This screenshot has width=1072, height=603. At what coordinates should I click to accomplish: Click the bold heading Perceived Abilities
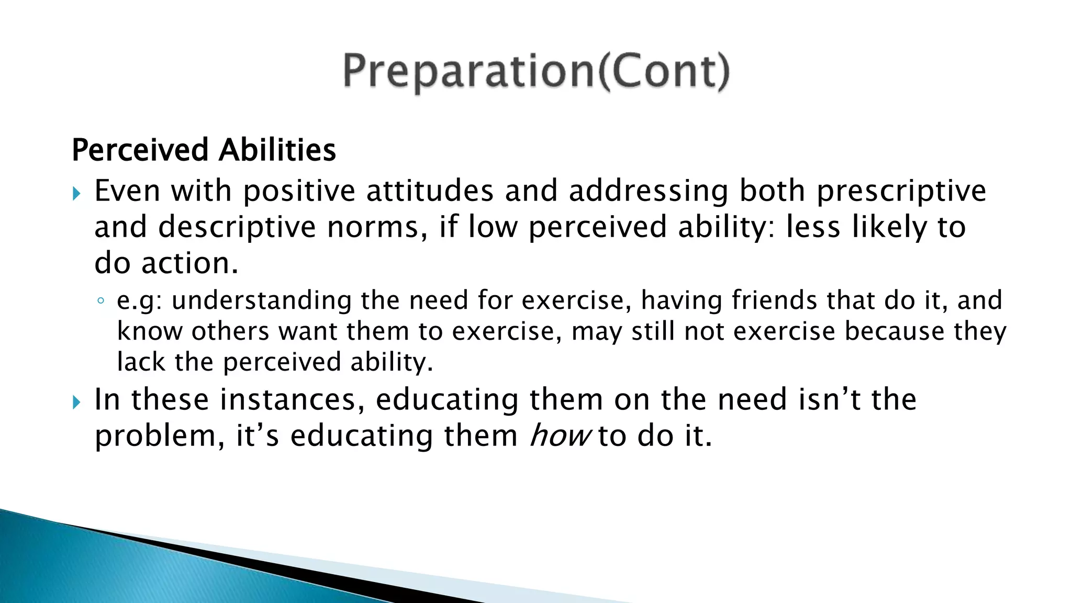coord(204,150)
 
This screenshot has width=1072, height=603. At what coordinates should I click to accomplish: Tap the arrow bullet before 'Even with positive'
coord(77,194)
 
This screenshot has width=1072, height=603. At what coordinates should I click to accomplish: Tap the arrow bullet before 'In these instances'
coord(77,403)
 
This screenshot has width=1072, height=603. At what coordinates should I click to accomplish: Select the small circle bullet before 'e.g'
coord(100,301)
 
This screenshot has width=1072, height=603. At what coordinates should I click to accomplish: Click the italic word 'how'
coord(560,435)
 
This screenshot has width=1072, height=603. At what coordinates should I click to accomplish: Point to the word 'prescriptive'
coord(901,191)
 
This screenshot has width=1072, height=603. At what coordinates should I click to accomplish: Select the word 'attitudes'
coord(430,191)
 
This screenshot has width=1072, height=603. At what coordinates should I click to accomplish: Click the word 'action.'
coord(190,263)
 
